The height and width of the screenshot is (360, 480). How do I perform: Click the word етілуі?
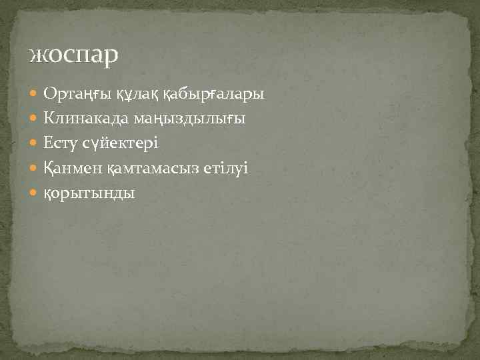point(227,169)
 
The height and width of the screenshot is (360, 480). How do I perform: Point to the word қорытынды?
point(89,194)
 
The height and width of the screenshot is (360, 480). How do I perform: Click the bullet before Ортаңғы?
point(35,95)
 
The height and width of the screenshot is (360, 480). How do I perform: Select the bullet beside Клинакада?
point(35,119)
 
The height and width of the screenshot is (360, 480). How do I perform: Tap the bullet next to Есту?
point(35,144)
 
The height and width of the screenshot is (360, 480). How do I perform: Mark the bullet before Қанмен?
point(35,169)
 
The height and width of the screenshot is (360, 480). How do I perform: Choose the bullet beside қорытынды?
point(35,193)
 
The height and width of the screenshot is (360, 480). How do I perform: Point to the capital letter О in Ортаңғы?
point(49,95)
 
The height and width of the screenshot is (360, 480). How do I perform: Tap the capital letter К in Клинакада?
point(49,119)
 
